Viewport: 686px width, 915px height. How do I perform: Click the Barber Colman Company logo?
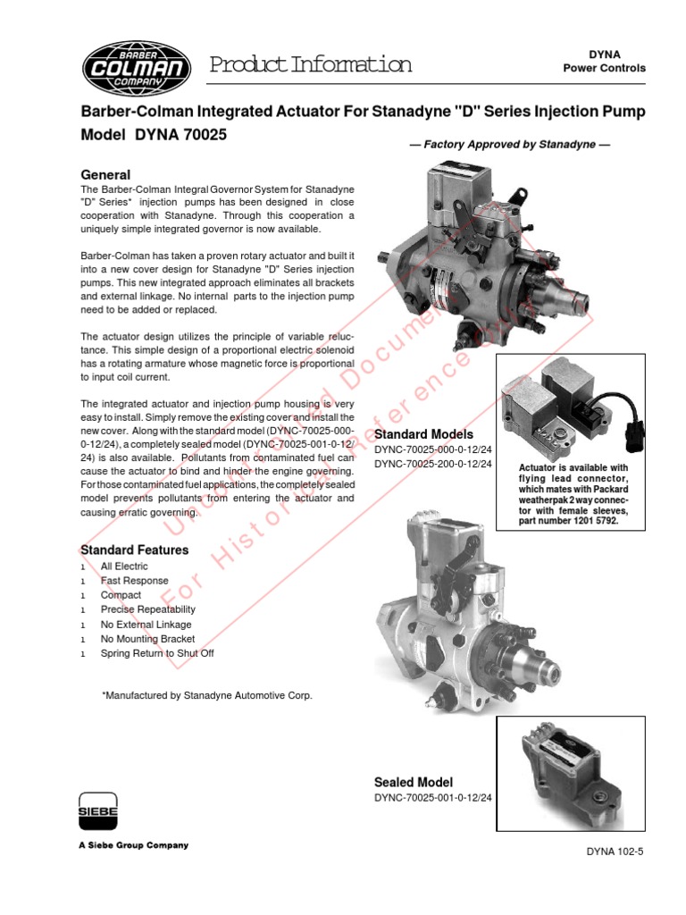[135, 63]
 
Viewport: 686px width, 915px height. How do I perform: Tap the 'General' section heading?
[105, 175]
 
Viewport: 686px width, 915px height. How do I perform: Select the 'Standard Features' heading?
[135, 550]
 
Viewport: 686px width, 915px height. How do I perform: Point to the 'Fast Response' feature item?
[134, 581]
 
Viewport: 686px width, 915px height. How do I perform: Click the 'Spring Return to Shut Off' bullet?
[157, 653]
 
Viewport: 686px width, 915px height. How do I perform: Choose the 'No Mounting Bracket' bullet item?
[147, 639]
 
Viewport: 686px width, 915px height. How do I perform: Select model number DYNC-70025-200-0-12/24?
[432, 465]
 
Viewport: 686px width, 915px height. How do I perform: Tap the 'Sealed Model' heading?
[414, 782]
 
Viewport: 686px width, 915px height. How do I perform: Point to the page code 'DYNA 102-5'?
[615, 852]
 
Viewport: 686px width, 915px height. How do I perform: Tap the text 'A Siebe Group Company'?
[135, 845]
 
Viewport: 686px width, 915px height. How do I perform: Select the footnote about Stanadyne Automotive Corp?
[207, 694]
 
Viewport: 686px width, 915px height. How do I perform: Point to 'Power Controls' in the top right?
[604, 69]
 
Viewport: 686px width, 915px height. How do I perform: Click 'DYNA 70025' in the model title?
[182, 135]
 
